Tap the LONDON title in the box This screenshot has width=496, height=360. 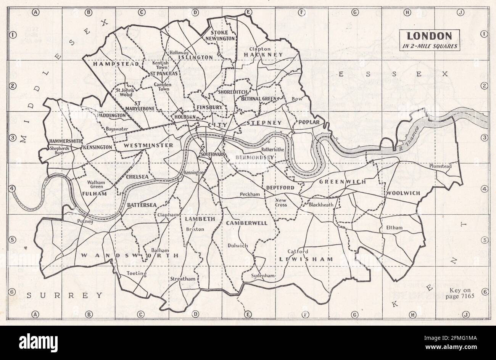429,36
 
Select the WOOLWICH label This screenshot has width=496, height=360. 403,193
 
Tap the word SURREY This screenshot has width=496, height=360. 65,295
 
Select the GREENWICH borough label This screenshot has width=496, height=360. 342,182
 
